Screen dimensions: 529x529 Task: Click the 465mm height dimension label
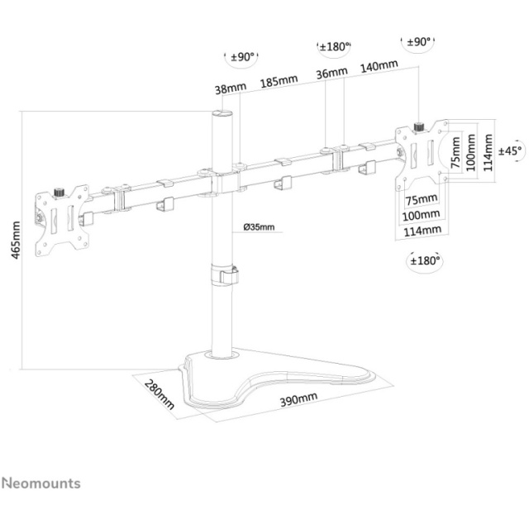(15, 240)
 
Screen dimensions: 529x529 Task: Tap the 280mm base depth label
(160, 394)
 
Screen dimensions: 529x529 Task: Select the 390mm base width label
(298, 399)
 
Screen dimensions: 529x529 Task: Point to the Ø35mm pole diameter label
(259, 227)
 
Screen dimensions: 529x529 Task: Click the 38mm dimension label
(231, 88)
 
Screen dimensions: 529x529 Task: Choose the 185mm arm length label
(279, 81)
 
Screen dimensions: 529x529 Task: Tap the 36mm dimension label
(331, 73)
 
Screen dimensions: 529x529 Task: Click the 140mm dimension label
(379, 66)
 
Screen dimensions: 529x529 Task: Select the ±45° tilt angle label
(512, 150)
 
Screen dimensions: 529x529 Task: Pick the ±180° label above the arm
(334, 46)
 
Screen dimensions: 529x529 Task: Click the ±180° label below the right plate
(425, 260)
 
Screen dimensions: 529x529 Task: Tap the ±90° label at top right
(419, 42)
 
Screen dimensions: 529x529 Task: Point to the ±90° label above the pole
(242, 57)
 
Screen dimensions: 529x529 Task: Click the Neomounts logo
(41, 483)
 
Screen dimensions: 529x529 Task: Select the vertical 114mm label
(488, 152)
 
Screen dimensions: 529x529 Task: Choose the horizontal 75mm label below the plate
(422, 199)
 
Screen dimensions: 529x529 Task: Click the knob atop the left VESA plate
(60, 193)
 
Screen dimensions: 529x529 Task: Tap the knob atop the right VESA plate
(419, 127)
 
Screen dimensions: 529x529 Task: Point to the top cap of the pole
(222, 112)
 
